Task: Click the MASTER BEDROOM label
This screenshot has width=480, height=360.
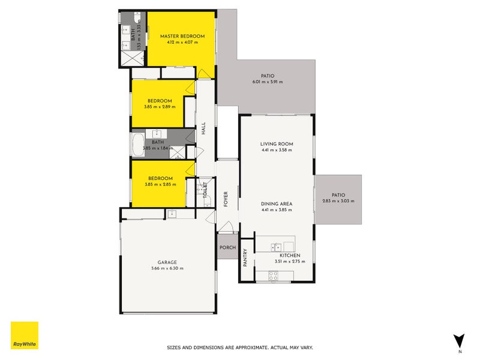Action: [182, 37]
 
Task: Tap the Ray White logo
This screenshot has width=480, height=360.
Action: [25, 335]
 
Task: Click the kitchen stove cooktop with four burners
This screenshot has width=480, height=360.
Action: [273, 277]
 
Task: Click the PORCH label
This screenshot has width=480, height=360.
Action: [227, 248]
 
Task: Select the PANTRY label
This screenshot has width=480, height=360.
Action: [245, 259]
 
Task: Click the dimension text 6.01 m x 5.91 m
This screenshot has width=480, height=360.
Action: [267, 82]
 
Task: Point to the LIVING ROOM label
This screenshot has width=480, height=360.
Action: [276, 144]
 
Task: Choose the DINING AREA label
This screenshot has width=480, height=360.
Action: [276, 204]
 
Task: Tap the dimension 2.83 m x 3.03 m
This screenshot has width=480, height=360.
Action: [338, 201]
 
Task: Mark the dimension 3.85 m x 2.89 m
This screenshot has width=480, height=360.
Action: [160, 107]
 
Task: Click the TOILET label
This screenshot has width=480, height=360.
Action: [205, 191]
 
